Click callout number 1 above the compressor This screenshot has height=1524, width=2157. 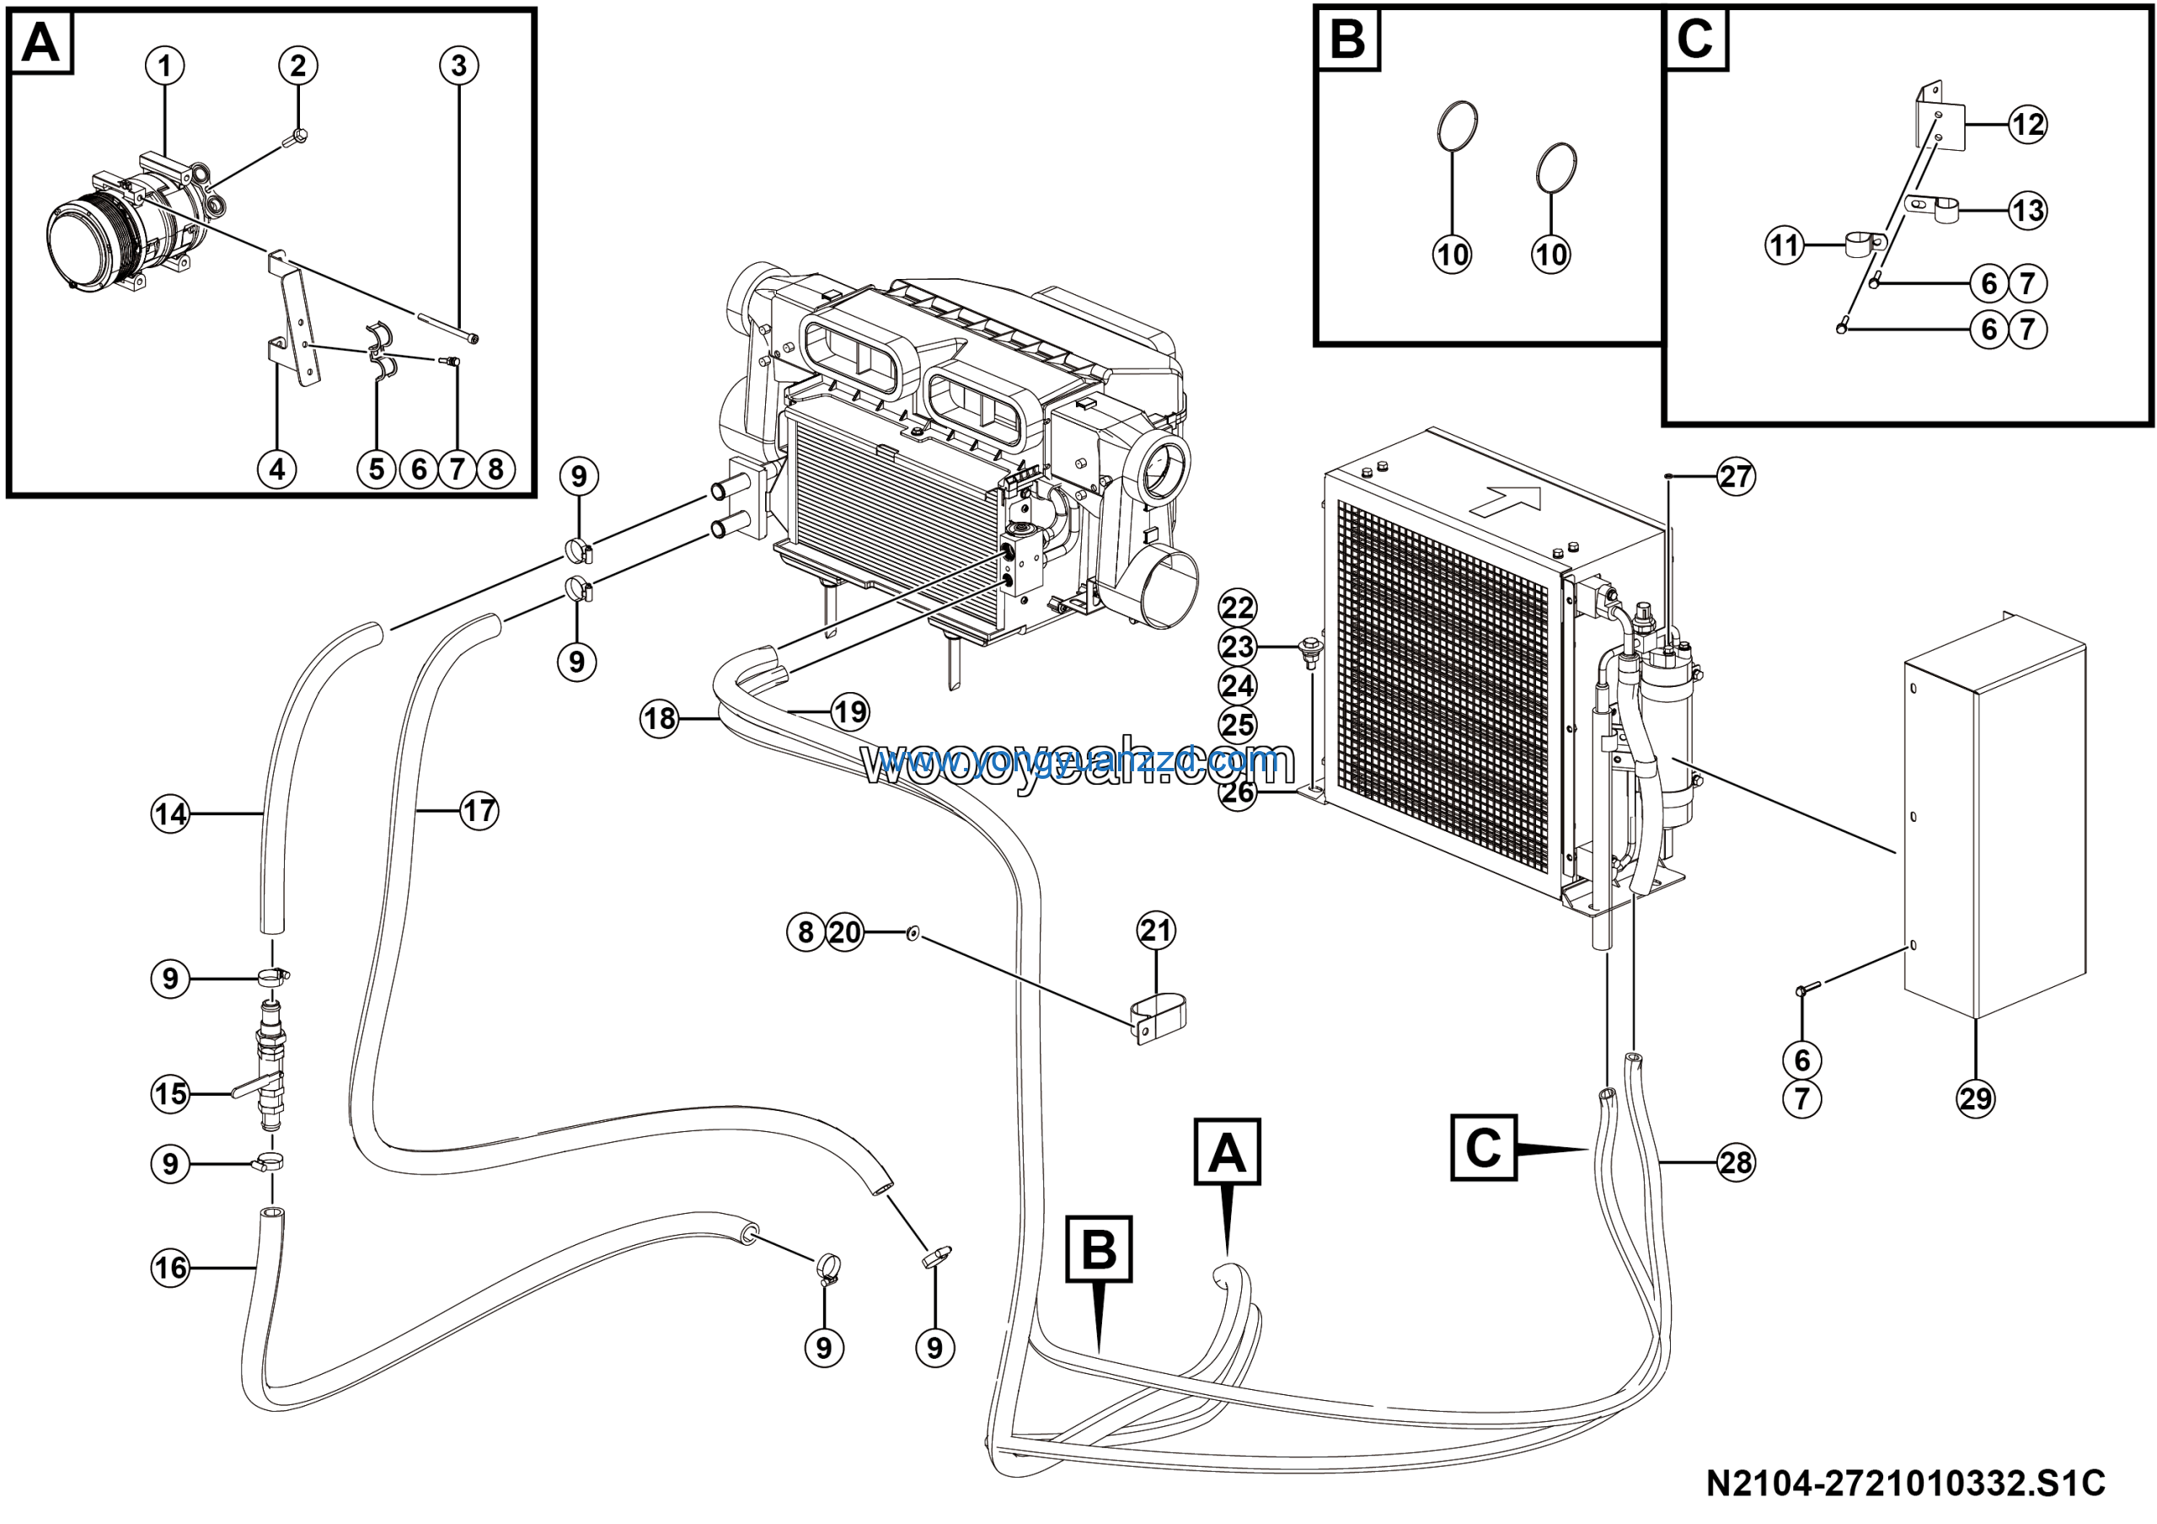click(x=165, y=66)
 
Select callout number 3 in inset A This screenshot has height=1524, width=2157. click(x=458, y=66)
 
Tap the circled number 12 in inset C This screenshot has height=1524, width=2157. click(x=2027, y=124)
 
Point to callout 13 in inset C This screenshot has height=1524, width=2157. click(x=2027, y=211)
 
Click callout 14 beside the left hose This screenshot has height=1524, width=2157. click(x=170, y=813)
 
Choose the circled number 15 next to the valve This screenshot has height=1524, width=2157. click(x=170, y=1093)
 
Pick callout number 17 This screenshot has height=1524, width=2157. click(x=479, y=810)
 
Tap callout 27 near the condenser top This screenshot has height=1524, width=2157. click(x=1735, y=476)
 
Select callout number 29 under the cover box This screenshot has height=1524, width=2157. click(x=1976, y=1098)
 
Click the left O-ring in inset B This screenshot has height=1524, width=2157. click(x=1457, y=124)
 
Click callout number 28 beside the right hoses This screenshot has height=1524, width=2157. click(x=1735, y=1162)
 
